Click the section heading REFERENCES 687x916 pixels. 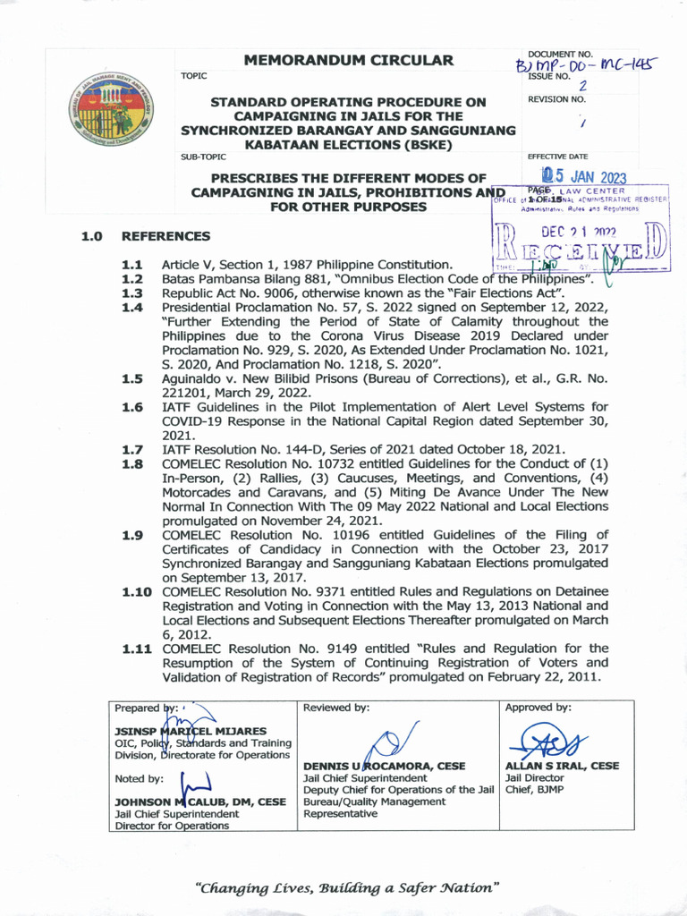[166, 236]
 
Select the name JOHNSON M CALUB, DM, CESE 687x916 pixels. [200, 802]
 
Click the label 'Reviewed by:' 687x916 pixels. [336, 708]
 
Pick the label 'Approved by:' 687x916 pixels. [539, 708]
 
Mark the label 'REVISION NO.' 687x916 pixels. [556, 99]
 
